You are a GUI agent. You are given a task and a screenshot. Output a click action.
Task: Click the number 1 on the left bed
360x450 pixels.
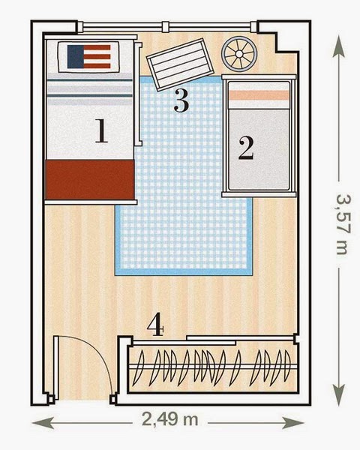click(101, 131)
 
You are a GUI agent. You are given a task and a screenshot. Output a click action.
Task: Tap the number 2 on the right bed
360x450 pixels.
click(246, 148)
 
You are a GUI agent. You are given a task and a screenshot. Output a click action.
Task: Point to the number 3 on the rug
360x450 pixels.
click(181, 100)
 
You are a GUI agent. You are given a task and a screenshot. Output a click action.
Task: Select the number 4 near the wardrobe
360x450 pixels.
click(155, 324)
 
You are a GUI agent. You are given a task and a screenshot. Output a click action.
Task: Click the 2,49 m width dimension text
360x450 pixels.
click(170, 420)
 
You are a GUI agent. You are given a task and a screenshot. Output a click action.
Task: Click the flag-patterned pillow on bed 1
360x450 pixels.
click(88, 57)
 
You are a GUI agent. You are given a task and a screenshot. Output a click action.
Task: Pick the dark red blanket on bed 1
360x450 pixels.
click(90, 180)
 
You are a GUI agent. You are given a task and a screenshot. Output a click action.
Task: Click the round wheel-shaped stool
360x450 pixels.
click(238, 54)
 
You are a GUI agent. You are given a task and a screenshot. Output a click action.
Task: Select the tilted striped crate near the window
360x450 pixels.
click(180, 64)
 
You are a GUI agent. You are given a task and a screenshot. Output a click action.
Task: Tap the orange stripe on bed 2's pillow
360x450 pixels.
click(259, 95)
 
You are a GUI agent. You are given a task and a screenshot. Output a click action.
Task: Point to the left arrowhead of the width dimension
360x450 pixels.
click(43, 423)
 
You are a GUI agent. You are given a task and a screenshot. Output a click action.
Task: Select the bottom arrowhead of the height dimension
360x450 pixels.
click(339, 395)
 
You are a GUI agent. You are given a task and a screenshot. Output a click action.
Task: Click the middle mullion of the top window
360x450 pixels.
click(165, 27)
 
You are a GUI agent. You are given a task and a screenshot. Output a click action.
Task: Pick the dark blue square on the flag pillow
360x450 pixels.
click(76, 56)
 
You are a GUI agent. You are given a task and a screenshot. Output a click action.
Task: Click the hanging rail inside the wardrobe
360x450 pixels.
click(213, 367)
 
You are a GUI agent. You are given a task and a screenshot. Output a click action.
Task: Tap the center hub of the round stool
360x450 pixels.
click(238, 54)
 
